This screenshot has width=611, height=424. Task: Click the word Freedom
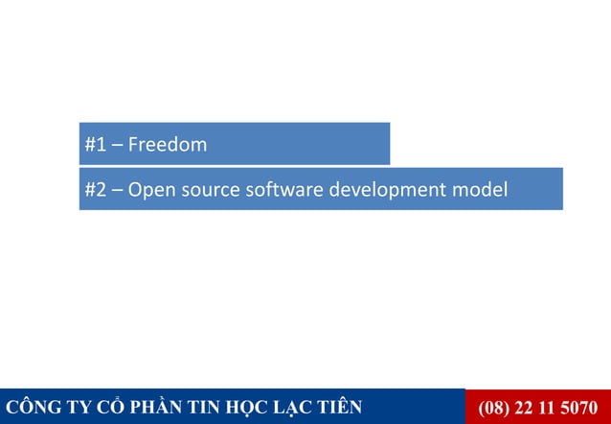pyautogui.click(x=168, y=146)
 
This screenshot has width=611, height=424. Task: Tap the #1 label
pyautogui.click(x=95, y=146)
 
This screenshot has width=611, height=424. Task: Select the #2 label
pyautogui.click(x=95, y=189)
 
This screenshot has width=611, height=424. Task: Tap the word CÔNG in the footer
pyautogui.click(x=31, y=408)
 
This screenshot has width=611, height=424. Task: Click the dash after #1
pyautogui.click(x=117, y=146)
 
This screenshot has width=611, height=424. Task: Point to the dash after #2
pyautogui.click(x=117, y=189)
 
